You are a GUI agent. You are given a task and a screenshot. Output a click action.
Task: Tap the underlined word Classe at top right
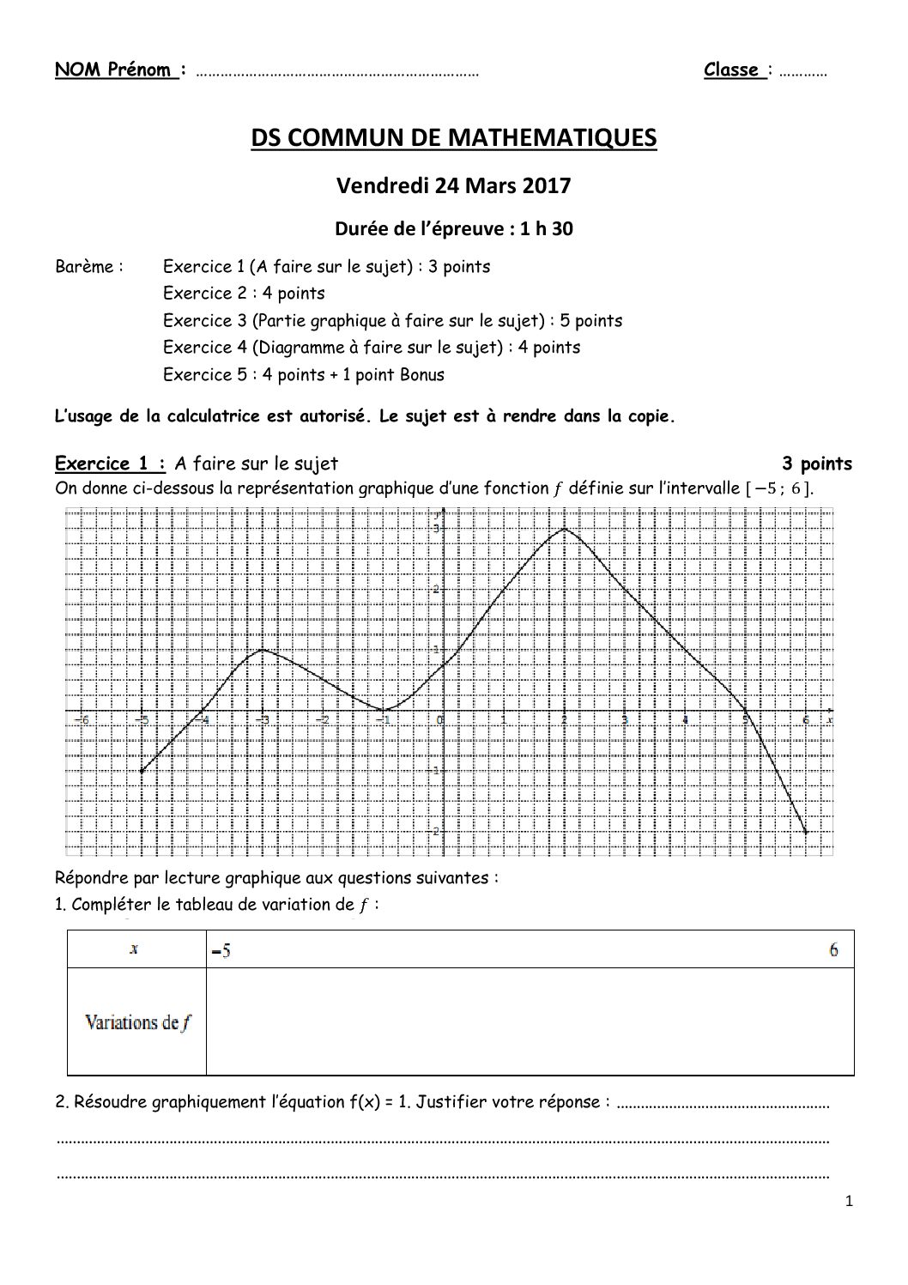pos(731,70)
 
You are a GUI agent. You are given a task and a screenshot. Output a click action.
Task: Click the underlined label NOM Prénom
pos(116,70)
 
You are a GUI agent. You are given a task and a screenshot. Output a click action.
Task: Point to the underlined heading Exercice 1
pos(110,464)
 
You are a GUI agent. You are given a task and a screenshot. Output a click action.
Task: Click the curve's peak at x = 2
pos(564,529)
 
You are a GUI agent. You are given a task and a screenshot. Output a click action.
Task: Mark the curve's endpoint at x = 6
pos(806,832)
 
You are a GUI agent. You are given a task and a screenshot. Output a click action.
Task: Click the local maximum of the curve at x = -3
pos(262,649)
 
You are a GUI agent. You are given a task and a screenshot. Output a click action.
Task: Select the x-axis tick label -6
pos(82,719)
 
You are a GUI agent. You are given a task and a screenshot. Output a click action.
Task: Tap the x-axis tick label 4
pos(684,719)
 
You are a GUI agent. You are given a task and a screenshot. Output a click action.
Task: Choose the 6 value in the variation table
pos(833,949)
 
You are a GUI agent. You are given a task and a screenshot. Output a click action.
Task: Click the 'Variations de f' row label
pos(137,1022)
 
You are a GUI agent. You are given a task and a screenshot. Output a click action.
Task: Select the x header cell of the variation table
pos(135,949)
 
